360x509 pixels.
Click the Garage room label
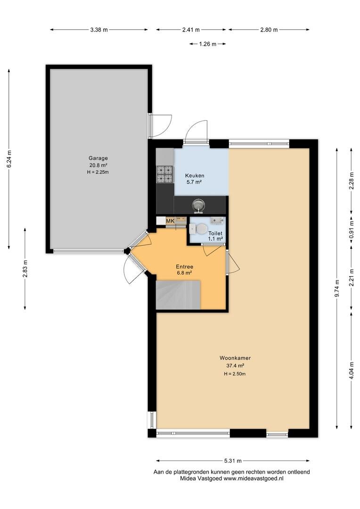coord(98,158)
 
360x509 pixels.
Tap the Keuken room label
coord(195,176)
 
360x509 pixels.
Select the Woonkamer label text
coord(235,358)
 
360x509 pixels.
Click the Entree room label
coord(184,267)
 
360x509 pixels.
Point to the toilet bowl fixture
coord(199,229)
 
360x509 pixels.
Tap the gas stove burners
coord(164,174)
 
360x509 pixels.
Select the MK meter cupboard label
coord(170,221)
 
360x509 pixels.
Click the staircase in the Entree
coord(178,295)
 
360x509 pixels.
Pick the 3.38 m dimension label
coord(98,30)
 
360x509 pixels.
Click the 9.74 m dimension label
coord(337,288)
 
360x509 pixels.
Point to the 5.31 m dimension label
coord(233,460)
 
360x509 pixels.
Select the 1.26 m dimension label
coord(207,44)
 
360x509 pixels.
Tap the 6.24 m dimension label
coord(9,159)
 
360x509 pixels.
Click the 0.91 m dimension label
coord(351,230)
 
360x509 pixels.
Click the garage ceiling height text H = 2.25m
coord(98,172)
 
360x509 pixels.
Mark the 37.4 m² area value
coord(235,366)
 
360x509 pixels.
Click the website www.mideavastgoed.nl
coord(254,478)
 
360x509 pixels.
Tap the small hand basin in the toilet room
coord(217,221)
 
